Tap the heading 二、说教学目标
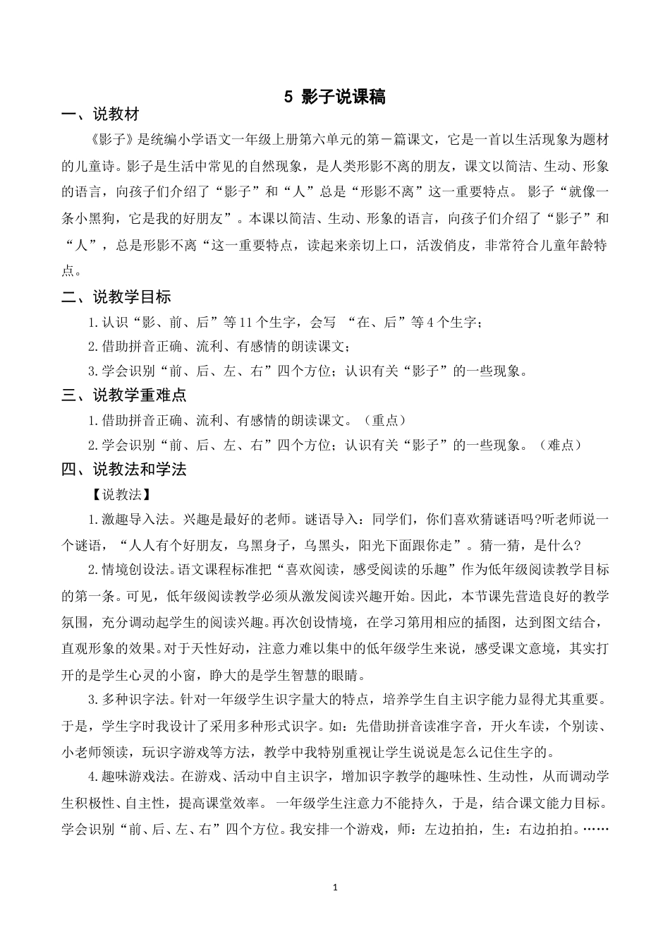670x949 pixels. coord(116,297)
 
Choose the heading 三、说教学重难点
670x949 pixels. coord(123,395)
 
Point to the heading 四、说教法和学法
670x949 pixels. coord(123,469)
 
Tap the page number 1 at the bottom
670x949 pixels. coord(335,886)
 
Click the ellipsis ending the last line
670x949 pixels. coord(597,829)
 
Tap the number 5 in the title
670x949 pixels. coord(288,97)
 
